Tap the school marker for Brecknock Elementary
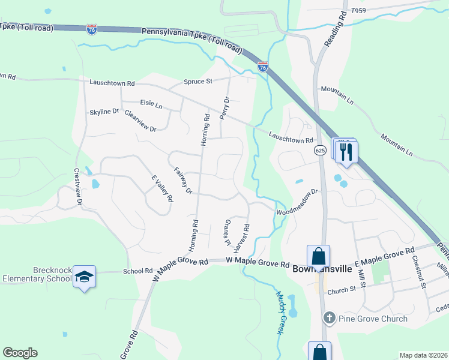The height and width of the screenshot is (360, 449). tap(85, 277)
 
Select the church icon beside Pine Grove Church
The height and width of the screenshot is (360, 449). tap(329, 318)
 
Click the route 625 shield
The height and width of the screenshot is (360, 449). tap(319, 151)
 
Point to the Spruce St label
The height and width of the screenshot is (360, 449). tap(197, 82)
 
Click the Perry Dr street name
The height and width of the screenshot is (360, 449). tap(225, 108)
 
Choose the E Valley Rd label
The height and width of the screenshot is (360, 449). tap(162, 188)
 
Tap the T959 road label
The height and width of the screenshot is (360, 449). tap(358, 11)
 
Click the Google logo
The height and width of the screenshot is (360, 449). tap(20, 353)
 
